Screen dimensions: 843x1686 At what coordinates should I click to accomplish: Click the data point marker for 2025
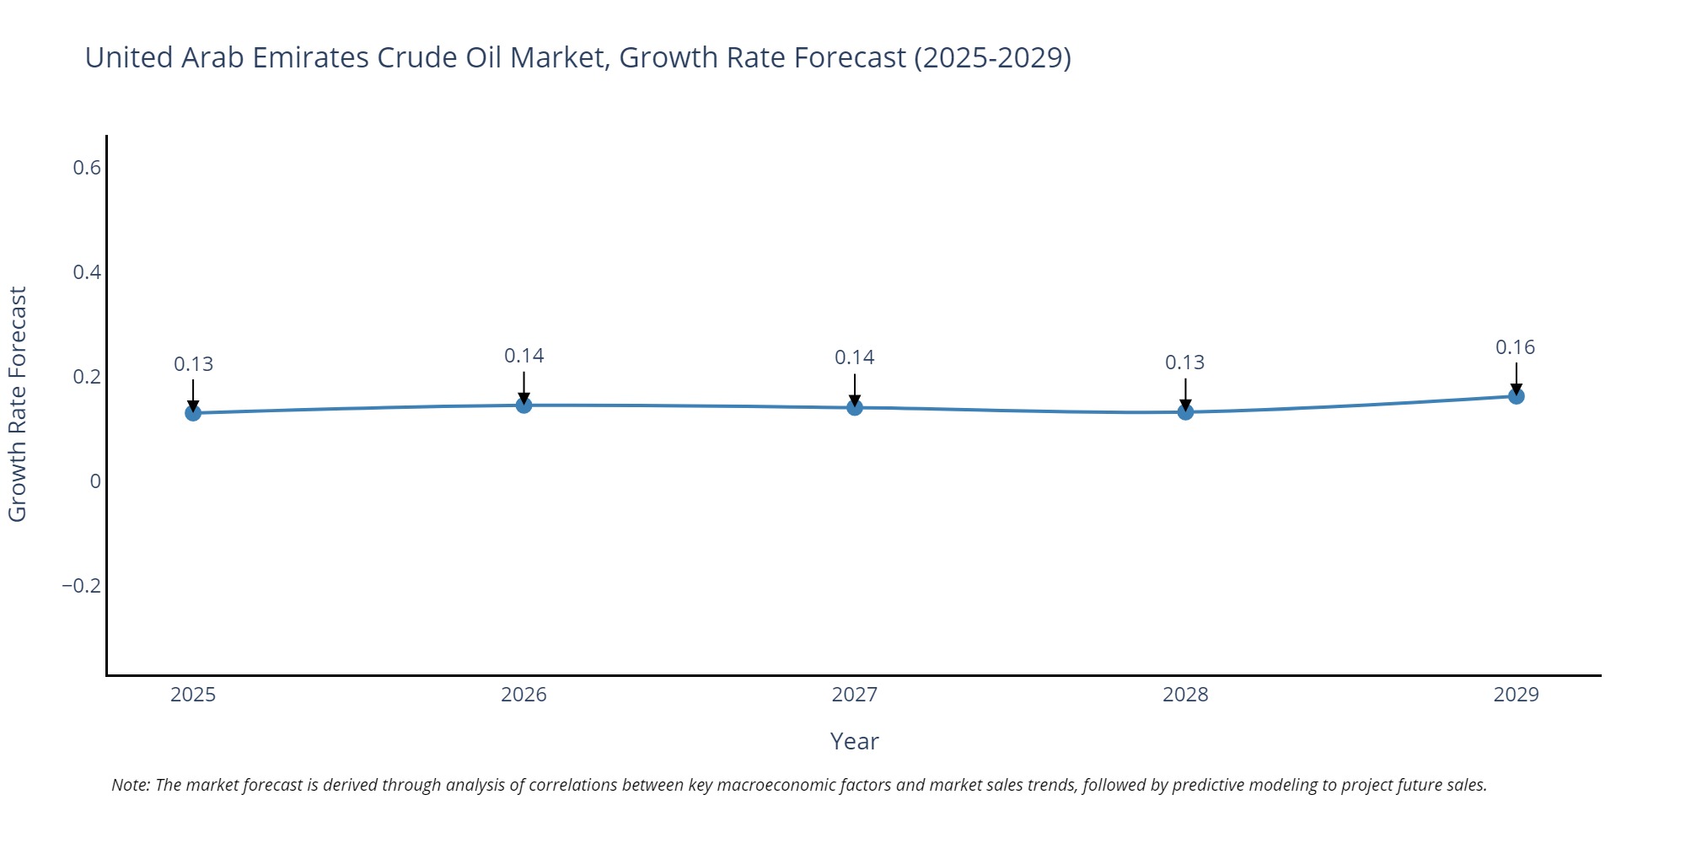tap(193, 413)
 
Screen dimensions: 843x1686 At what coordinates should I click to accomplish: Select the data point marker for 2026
tap(524, 405)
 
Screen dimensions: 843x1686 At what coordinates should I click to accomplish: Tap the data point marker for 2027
tap(855, 408)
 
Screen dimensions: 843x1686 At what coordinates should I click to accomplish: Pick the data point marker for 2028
tap(1185, 412)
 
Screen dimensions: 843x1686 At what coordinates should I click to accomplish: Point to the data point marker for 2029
tap(1516, 396)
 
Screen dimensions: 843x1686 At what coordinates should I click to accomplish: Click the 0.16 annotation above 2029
tap(1515, 347)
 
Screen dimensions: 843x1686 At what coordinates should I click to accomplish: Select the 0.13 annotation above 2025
tap(193, 364)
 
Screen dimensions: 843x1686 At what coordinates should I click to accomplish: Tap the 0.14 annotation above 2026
tap(524, 356)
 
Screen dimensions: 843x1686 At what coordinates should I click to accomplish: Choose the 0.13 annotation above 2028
tap(1184, 362)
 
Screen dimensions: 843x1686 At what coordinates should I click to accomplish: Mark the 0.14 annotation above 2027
tap(854, 357)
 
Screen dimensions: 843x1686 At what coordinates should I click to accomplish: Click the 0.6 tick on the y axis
tap(86, 168)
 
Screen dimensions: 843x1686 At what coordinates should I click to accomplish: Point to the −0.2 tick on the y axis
tap(81, 586)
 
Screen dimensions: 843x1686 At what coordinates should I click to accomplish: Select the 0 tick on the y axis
tap(95, 481)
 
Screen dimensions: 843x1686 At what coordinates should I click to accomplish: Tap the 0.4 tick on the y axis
tap(86, 272)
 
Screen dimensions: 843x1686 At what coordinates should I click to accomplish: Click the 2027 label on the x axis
tap(854, 695)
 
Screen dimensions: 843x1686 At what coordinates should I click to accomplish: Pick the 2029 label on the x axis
tap(1516, 695)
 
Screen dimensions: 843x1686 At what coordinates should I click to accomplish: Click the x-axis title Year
tap(854, 742)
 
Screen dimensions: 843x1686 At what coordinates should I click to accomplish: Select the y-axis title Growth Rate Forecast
tap(18, 405)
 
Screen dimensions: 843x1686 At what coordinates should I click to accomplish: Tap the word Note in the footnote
tap(130, 785)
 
